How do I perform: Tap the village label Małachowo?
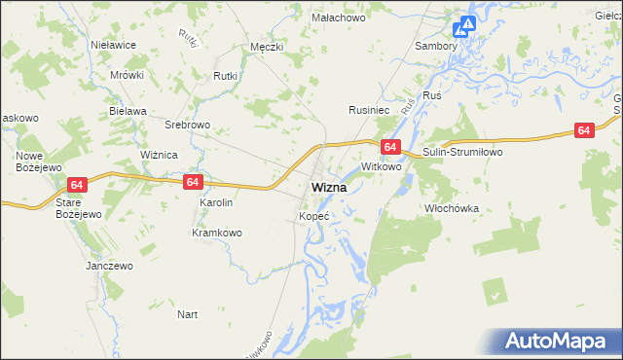tap(337, 18)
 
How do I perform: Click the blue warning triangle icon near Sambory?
tap(467, 25)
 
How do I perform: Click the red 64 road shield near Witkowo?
tap(389, 147)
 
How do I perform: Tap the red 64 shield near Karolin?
tap(192, 182)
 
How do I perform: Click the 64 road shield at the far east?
tap(584, 130)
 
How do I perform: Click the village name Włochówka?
tap(453, 208)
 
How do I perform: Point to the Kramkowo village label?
tap(216, 233)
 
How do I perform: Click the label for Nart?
tap(188, 314)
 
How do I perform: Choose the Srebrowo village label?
tap(188, 126)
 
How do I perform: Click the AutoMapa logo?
tap(559, 341)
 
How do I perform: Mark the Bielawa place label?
tap(128, 111)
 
